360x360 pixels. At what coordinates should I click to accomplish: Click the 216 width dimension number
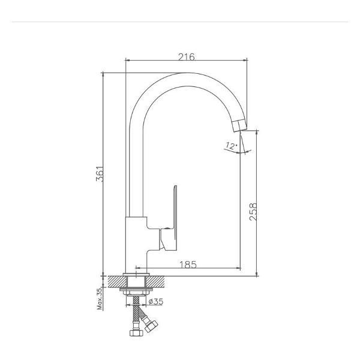pos(187,57)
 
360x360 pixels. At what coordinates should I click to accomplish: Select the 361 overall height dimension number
pos(100,173)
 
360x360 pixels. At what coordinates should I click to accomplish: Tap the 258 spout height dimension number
pos(253,212)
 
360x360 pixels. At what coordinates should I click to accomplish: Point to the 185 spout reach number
pos(188,265)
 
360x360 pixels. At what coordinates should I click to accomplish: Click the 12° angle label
pos(231,146)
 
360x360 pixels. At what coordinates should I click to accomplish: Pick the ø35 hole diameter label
pos(156,301)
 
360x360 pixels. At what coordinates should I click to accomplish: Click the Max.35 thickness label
pos(100,299)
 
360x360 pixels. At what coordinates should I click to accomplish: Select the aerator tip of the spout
pos(239,126)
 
